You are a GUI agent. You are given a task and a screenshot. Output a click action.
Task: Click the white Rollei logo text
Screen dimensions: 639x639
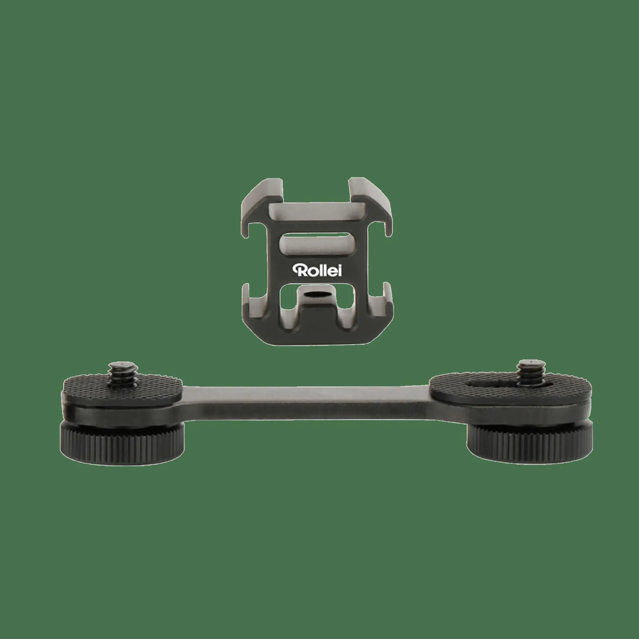pos(317,271)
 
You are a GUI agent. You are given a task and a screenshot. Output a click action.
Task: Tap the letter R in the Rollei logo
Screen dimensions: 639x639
pos(298,271)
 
